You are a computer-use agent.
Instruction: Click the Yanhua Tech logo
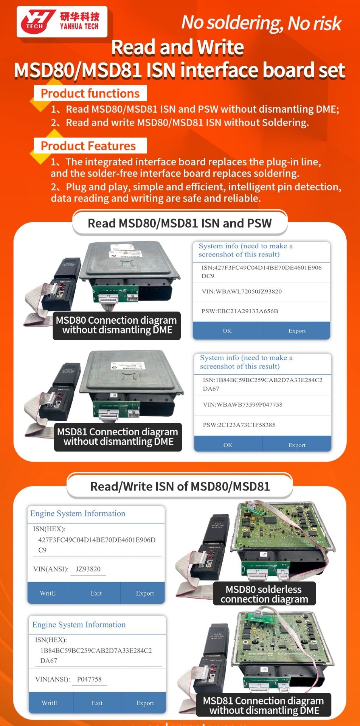(62, 22)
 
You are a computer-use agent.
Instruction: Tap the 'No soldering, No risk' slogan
(261, 23)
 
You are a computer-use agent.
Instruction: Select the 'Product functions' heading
(90, 93)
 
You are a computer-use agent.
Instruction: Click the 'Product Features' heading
(88, 146)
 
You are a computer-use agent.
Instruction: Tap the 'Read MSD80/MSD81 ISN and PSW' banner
(180, 223)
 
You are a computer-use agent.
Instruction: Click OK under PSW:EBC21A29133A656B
(227, 331)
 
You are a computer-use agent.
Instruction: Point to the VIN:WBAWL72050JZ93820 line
(241, 292)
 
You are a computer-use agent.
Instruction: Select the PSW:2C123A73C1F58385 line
(239, 425)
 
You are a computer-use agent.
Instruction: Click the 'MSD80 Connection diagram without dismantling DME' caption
(116, 325)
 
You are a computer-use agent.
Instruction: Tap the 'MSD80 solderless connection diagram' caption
(264, 594)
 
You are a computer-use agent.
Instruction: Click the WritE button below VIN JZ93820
(48, 593)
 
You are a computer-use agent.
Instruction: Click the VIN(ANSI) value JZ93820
(88, 569)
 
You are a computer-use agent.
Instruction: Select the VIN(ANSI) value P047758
(89, 679)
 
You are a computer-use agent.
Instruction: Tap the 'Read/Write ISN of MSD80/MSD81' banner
(180, 487)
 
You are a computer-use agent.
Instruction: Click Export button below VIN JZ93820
(145, 593)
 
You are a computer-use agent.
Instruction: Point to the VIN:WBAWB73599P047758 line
(242, 405)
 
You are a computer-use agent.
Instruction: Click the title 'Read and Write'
(178, 48)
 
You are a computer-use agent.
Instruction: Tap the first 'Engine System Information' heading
(78, 513)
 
